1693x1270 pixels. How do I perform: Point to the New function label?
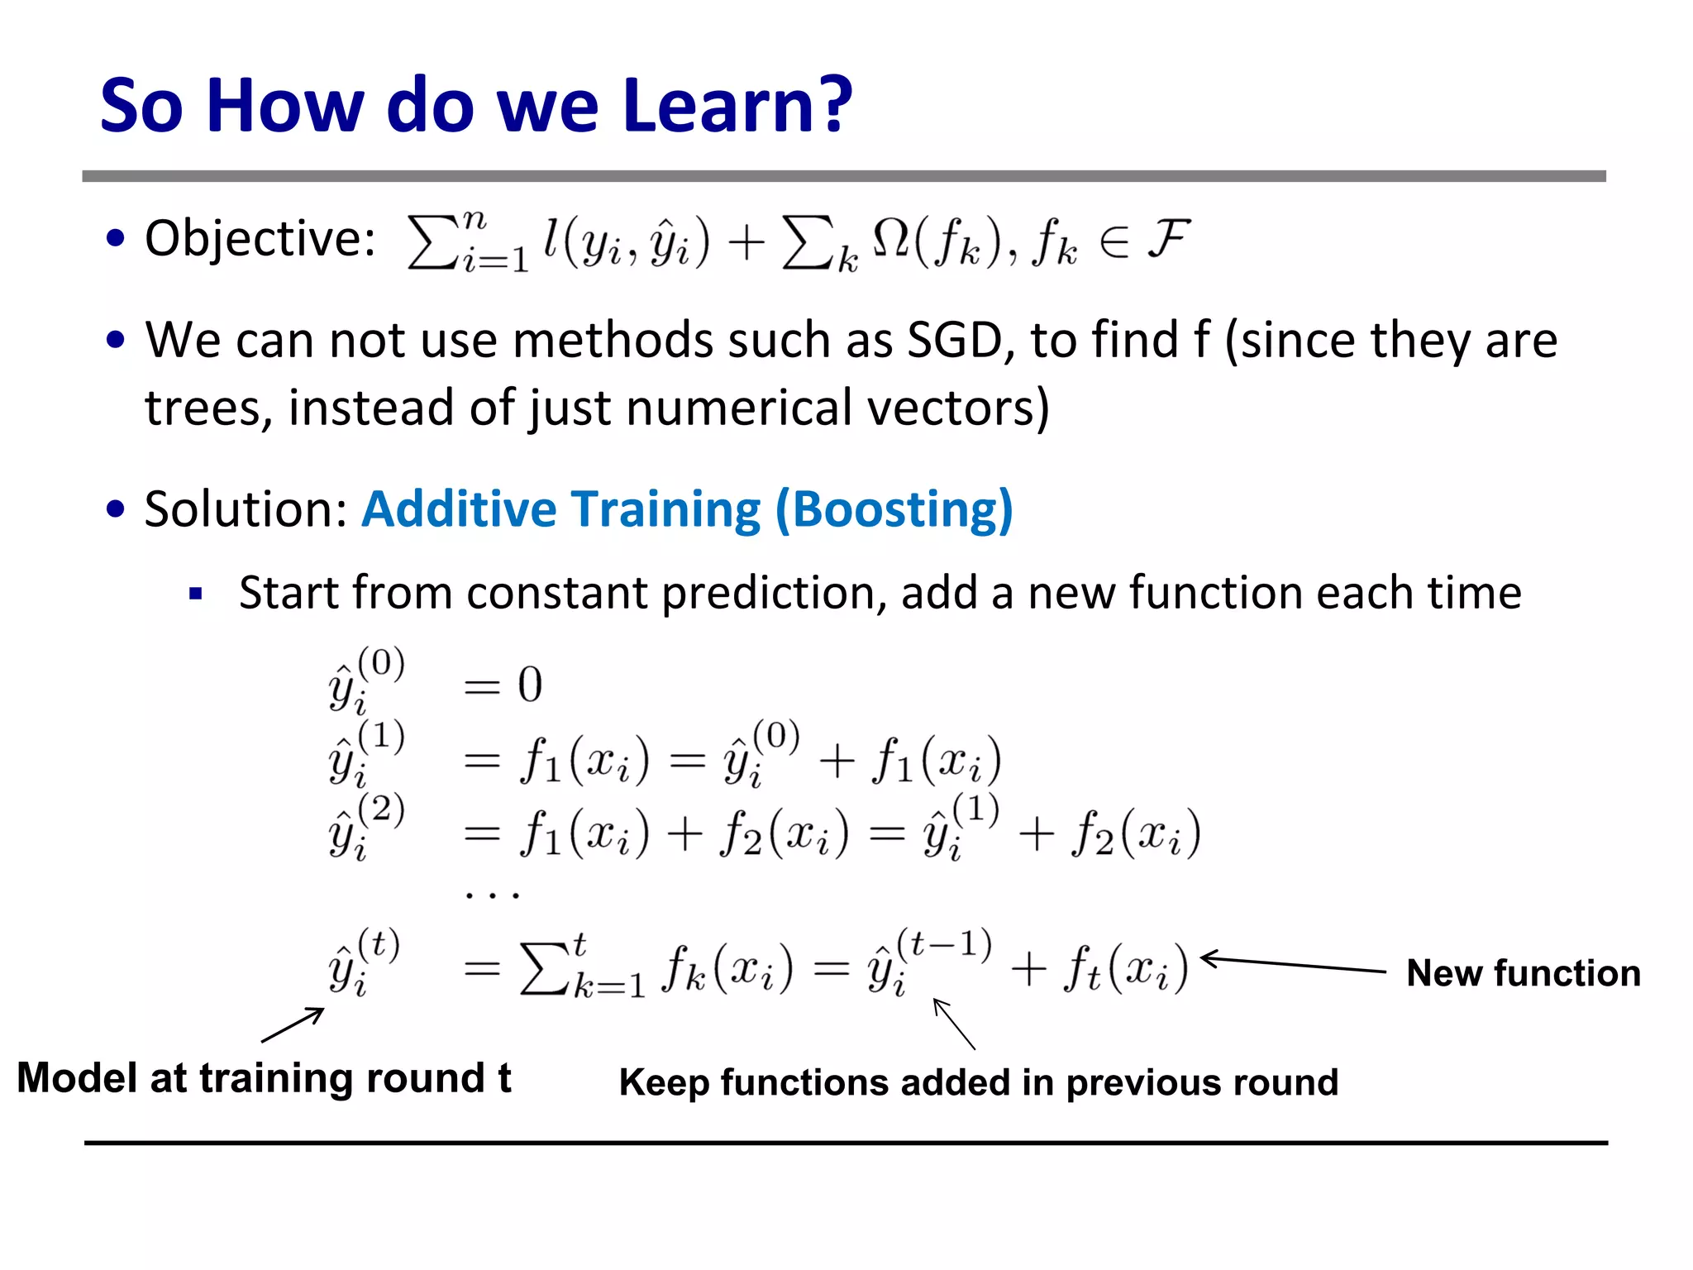click(x=1523, y=973)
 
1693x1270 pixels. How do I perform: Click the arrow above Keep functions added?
click(x=954, y=1024)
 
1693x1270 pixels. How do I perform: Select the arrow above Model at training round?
click(x=293, y=1025)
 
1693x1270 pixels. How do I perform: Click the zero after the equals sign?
click(x=530, y=685)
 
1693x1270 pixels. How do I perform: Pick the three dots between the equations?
click(x=492, y=894)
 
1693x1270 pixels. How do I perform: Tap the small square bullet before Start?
click(x=196, y=594)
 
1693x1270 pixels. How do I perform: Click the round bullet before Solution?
click(x=116, y=508)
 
